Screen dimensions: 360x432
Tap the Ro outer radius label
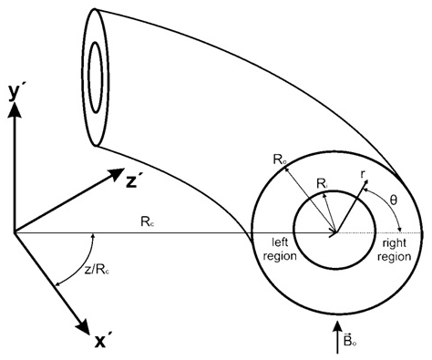click(281, 160)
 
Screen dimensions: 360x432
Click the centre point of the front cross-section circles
click(337, 232)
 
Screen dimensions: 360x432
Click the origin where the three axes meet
click(14, 232)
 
